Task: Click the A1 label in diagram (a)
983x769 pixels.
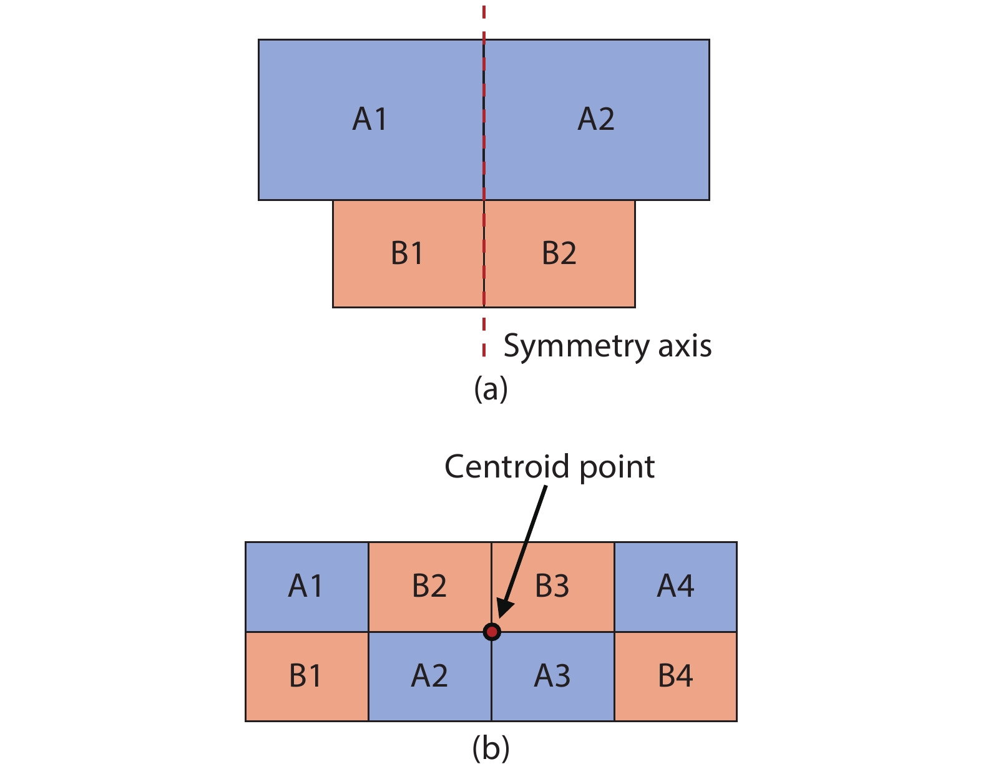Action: click(x=370, y=119)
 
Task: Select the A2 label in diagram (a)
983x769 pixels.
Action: click(x=596, y=119)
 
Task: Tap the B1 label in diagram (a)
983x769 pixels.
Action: click(x=407, y=253)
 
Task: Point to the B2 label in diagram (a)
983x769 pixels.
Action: click(x=559, y=253)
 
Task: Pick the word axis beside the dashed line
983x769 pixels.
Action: click(x=685, y=345)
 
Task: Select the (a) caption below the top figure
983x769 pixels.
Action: click(x=491, y=388)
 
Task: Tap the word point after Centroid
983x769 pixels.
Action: click(x=617, y=468)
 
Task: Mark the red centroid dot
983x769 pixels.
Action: click(x=492, y=632)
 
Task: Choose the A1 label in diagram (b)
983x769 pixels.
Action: click(x=306, y=586)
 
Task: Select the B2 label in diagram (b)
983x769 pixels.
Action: click(x=429, y=586)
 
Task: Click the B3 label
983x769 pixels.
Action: click(x=552, y=586)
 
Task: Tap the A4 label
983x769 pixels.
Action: click(x=676, y=586)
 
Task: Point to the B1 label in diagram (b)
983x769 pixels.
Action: click(x=306, y=676)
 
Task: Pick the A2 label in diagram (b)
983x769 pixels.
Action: click(x=429, y=676)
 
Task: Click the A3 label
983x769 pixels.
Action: click(x=552, y=676)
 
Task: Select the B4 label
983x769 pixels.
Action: click(x=676, y=676)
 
